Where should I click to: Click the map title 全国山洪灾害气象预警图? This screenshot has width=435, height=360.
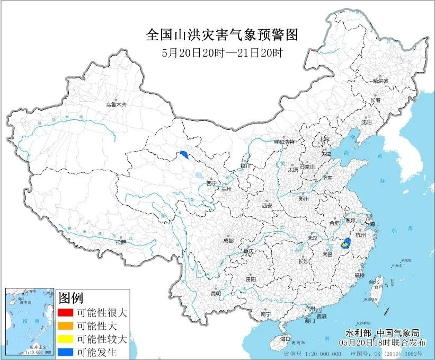click(x=222, y=36)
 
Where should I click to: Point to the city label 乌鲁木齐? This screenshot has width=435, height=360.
click(x=116, y=105)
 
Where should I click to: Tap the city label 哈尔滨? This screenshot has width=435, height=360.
click(x=379, y=81)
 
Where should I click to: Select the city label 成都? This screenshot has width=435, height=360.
click(x=228, y=240)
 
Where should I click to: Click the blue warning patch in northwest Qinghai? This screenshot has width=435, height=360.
click(x=184, y=154)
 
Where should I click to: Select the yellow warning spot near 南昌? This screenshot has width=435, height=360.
click(x=346, y=244)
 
